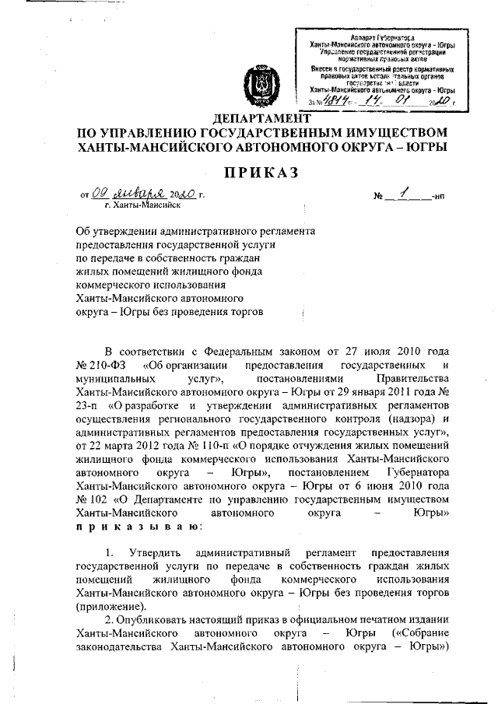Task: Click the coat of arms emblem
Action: [258, 83]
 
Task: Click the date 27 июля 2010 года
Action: [407, 352]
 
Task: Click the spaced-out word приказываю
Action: [139, 527]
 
